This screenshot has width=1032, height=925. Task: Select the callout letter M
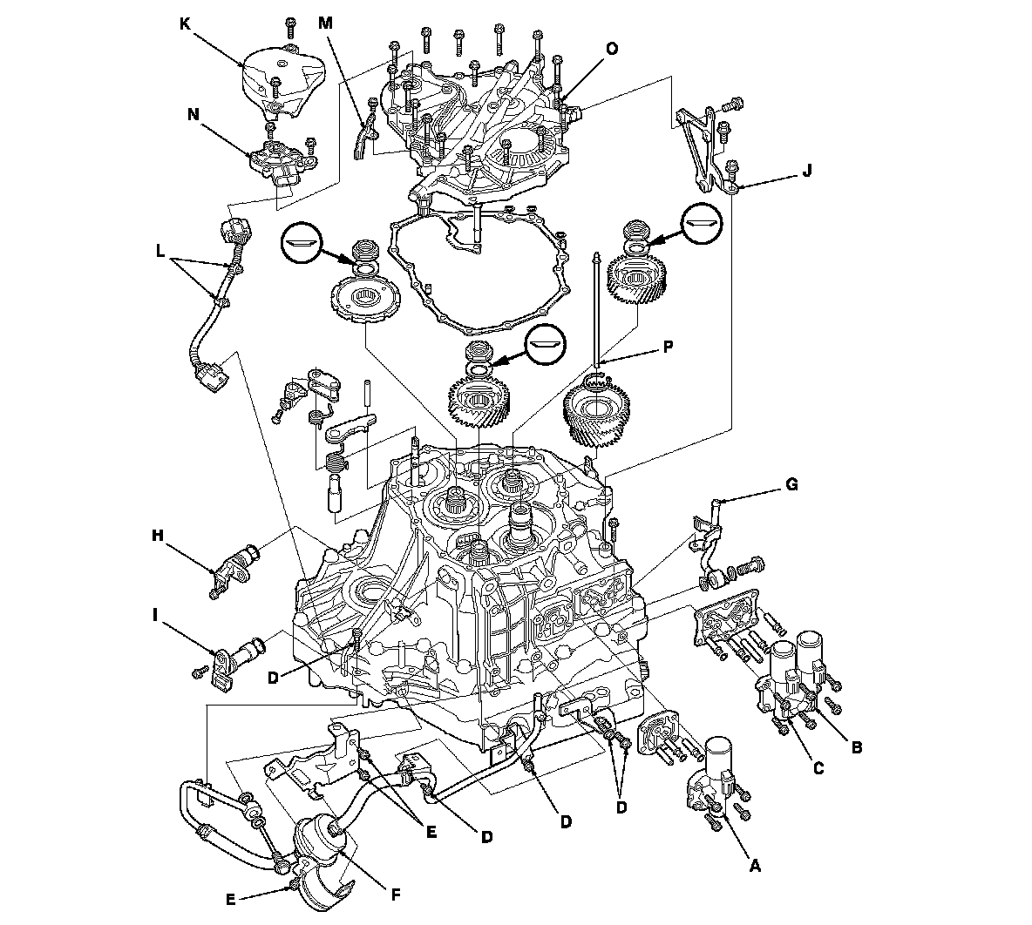[325, 23]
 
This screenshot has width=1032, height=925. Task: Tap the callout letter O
[612, 50]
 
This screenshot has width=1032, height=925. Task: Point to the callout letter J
[805, 173]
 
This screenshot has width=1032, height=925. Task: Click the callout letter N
[190, 113]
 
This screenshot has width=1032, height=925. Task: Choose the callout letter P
[668, 346]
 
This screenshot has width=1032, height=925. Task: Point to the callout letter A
[755, 866]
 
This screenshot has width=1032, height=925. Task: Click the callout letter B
[857, 746]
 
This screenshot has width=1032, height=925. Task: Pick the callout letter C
[817, 768]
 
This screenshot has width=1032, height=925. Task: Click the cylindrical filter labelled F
[323, 841]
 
